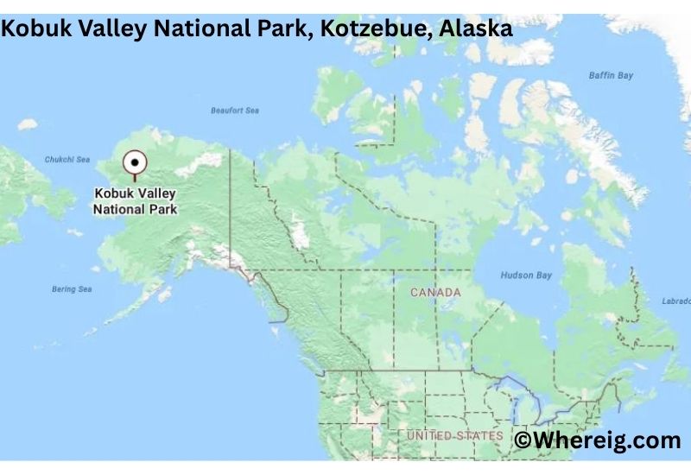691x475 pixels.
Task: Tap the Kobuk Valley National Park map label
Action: (135, 202)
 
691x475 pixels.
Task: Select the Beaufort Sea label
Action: (235, 111)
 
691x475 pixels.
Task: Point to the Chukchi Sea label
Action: (67, 160)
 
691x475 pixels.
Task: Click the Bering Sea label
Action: (72, 288)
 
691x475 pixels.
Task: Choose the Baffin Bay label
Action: (611, 76)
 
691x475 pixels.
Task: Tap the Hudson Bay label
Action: (526, 275)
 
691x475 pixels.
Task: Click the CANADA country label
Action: (435, 293)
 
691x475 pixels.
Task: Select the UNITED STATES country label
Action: (455, 435)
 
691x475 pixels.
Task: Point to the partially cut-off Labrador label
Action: (675, 301)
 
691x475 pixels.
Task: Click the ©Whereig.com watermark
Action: (598, 440)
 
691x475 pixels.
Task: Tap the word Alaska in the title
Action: (476, 28)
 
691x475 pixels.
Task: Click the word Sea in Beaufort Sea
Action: (251, 111)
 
